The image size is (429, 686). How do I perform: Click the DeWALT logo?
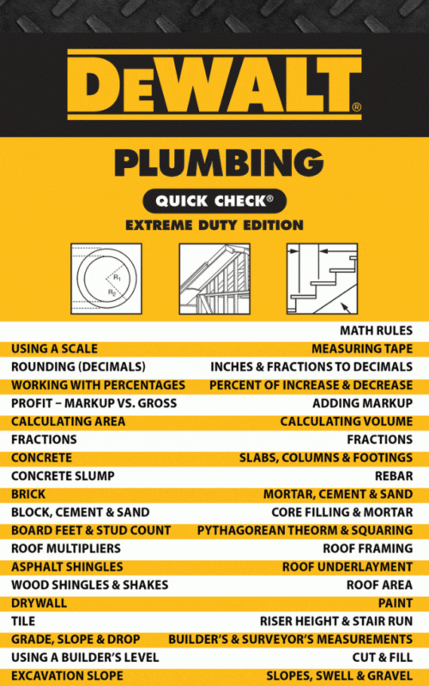(x=214, y=84)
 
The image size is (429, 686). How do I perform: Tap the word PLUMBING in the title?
(x=219, y=162)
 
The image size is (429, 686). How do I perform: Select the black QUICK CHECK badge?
(x=214, y=201)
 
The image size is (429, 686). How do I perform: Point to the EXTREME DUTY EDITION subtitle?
(x=214, y=226)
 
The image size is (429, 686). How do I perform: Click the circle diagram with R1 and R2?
(x=106, y=279)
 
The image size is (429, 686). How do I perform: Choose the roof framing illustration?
(x=214, y=279)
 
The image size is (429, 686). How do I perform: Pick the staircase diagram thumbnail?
(x=323, y=279)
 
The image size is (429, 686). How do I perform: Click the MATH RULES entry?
(x=376, y=331)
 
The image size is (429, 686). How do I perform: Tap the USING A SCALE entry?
(x=54, y=349)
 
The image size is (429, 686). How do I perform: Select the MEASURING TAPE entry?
(x=362, y=349)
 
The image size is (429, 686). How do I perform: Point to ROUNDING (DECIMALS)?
(x=78, y=367)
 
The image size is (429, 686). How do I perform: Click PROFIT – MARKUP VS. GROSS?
(x=94, y=403)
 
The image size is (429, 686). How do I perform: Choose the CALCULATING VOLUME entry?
(x=347, y=421)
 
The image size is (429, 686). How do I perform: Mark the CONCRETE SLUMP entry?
(x=63, y=476)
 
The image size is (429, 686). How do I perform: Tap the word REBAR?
(x=394, y=476)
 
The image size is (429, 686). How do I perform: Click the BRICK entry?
(x=28, y=494)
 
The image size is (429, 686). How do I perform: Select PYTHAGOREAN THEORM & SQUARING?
(x=305, y=530)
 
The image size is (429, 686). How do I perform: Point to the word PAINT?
(x=396, y=603)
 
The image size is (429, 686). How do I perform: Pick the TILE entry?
(x=23, y=621)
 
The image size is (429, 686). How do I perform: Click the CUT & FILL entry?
(x=382, y=658)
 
